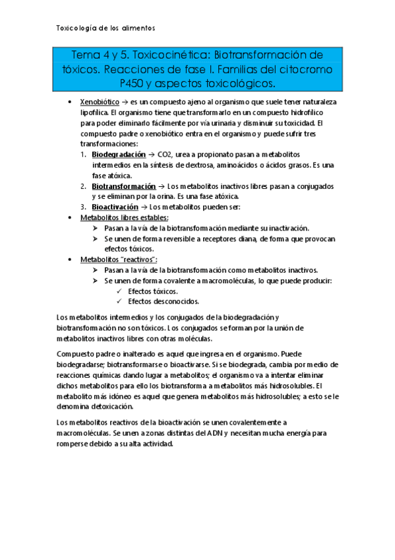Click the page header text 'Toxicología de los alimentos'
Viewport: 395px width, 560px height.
coord(105,28)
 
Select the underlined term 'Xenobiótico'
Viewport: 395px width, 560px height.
coord(99,103)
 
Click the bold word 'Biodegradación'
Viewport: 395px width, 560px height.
coord(119,154)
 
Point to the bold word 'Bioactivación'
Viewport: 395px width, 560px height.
coord(115,207)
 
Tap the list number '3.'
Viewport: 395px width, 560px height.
coord(84,207)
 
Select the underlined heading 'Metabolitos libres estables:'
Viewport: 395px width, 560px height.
coord(124,217)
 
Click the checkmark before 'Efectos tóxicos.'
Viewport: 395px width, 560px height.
coord(118,291)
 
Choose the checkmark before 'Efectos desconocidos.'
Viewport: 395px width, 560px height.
coord(118,301)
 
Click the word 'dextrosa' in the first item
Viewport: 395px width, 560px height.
coord(218,164)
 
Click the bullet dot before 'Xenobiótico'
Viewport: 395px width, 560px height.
coord(71,104)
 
